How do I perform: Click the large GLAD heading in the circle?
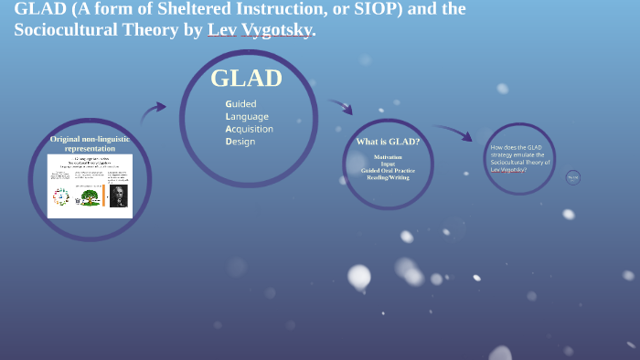point(246,79)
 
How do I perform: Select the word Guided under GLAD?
point(241,103)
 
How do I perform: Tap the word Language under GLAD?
point(247,116)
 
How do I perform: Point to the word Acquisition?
point(250,129)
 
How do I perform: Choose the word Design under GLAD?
point(240,142)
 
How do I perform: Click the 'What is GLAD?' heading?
point(388,142)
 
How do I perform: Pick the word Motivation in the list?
point(388,157)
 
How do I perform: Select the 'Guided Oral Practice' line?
point(388,171)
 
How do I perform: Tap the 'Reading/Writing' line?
point(388,177)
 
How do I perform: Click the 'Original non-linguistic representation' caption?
point(90,143)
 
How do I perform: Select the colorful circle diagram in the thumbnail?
point(61,196)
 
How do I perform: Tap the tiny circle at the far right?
point(573,177)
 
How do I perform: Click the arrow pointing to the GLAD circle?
point(154,111)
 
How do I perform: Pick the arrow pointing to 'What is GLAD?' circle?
point(341,106)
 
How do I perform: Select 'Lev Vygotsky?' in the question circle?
point(508,169)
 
